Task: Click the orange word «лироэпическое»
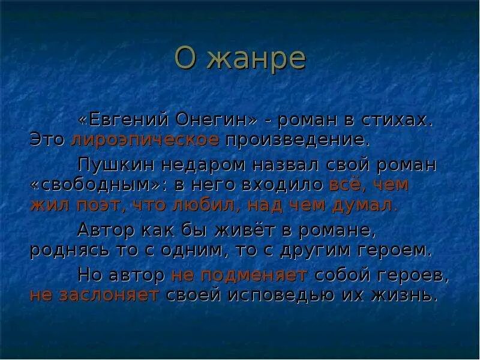145,140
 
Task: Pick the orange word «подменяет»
239,275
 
